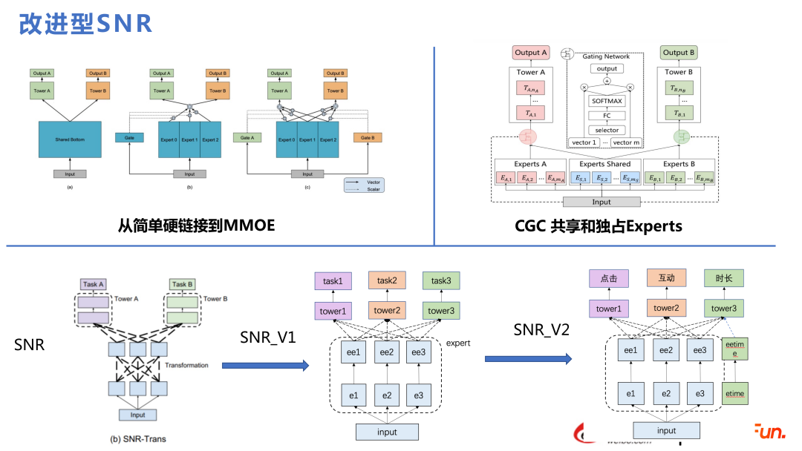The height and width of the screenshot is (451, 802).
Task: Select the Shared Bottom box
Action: (x=70, y=139)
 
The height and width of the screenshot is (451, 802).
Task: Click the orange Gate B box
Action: (x=366, y=137)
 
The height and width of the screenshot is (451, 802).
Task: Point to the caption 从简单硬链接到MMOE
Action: (x=196, y=224)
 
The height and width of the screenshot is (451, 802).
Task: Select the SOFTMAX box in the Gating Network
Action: (x=607, y=101)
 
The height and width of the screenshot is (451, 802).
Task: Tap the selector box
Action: (x=607, y=130)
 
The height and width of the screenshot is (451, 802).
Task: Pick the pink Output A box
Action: (x=531, y=53)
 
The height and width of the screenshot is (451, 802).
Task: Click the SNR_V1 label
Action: (x=268, y=338)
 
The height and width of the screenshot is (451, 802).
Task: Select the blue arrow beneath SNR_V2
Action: (x=528, y=359)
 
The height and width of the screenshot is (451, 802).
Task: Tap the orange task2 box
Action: (x=387, y=280)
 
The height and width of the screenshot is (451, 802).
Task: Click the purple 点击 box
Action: (x=608, y=278)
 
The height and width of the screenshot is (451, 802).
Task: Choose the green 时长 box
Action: (x=723, y=278)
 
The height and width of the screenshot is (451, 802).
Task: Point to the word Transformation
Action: (x=186, y=365)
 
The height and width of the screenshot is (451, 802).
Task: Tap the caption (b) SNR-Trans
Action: (x=138, y=438)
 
